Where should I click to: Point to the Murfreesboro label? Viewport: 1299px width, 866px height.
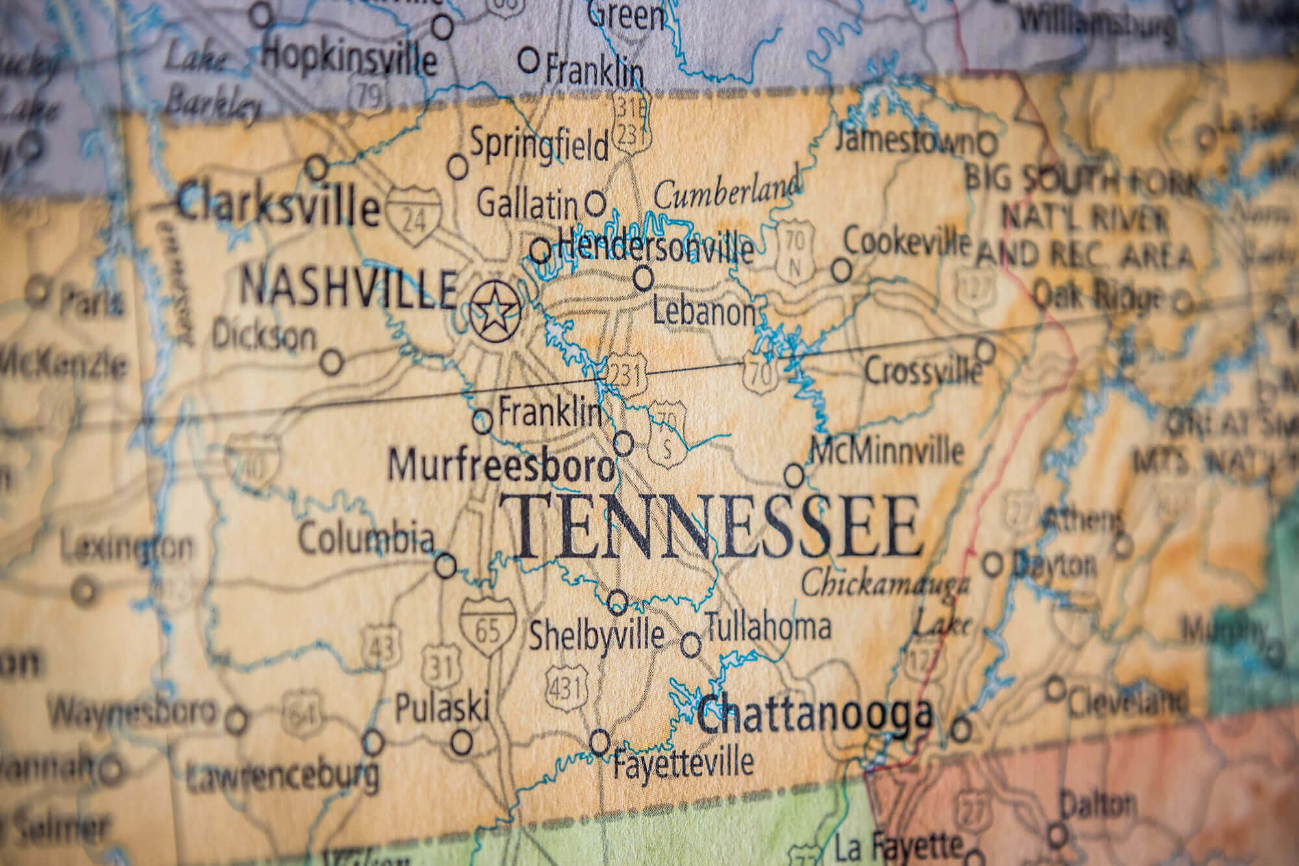pos(500,466)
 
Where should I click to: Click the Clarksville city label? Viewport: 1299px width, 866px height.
pos(278,206)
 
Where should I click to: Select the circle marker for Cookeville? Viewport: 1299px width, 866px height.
pos(842,270)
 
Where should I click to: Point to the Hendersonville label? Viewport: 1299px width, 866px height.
pos(656,246)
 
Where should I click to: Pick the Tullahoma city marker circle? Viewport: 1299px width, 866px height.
pos(691,645)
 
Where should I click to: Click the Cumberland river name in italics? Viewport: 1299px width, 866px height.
pos(727,192)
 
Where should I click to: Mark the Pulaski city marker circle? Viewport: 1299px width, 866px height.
pos(462,740)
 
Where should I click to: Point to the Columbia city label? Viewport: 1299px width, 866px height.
pos(366,539)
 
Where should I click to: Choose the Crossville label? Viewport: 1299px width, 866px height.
pos(923,372)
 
